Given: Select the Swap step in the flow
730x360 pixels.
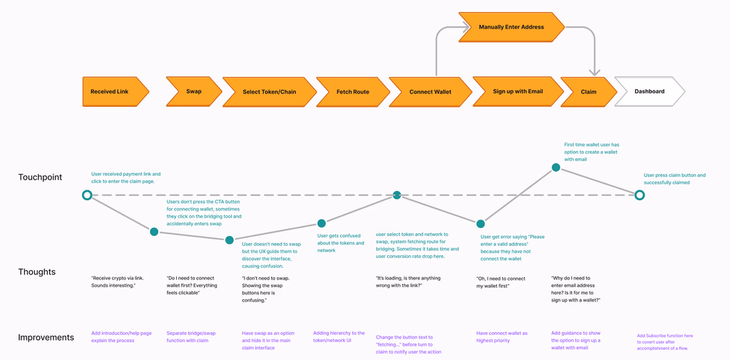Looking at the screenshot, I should (x=193, y=91).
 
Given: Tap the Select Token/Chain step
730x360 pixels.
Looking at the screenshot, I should (x=269, y=92).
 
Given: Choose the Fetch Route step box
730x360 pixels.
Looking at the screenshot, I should (x=352, y=92).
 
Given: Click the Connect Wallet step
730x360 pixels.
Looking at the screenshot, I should (x=430, y=92).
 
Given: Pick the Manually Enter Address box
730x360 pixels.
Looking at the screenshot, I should (x=511, y=27).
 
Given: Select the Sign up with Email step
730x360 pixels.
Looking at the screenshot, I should (x=518, y=91).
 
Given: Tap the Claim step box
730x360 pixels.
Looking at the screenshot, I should (x=588, y=92).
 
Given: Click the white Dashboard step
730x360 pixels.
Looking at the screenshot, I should (x=649, y=91).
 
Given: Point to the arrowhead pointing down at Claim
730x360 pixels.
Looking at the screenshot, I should (x=594, y=71).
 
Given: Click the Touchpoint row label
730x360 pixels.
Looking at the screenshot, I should (x=40, y=178).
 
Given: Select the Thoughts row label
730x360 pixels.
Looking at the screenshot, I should (x=37, y=272).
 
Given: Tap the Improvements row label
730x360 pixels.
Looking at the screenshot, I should (x=46, y=337).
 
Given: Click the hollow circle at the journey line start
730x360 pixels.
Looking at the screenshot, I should (x=87, y=195).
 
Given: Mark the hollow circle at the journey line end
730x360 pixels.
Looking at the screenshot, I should (x=639, y=195).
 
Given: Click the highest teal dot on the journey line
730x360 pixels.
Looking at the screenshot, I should (x=556, y=168).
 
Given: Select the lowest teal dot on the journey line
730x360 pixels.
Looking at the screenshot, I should (x=230, y=240).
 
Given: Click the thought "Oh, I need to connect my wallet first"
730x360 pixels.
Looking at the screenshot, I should (x=501, y=282).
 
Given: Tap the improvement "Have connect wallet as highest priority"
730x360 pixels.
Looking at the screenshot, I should (x=502, y=336).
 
